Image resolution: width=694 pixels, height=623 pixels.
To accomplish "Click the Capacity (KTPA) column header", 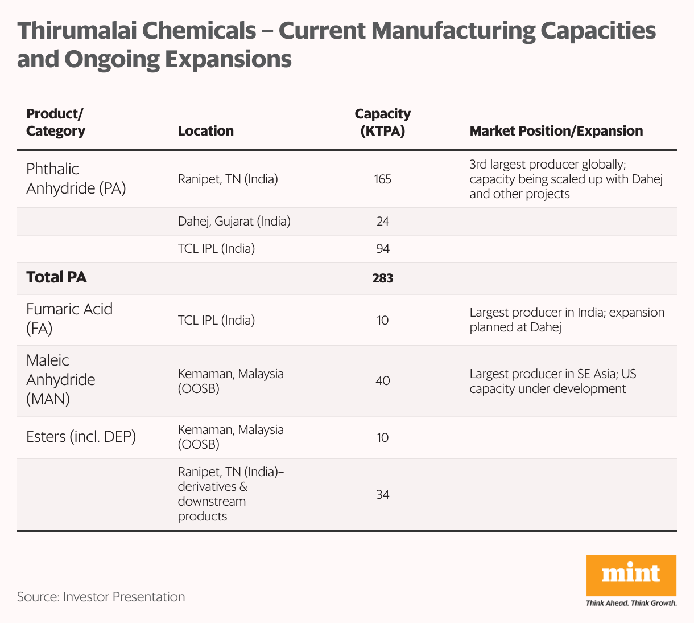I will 382,122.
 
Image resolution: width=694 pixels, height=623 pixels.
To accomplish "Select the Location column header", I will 205,131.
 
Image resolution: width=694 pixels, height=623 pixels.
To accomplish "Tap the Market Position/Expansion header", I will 556,131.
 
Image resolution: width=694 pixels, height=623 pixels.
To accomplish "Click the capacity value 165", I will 382,179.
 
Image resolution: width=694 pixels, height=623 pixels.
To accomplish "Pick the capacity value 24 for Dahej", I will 382,222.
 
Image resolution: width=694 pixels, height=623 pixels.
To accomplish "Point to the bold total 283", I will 382,278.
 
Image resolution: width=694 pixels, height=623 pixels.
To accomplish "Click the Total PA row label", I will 56,277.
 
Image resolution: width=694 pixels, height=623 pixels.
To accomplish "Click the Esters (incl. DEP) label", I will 81,437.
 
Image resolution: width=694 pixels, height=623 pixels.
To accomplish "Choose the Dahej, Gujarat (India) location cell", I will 234,222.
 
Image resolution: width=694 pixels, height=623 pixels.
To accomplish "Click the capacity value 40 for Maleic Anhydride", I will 382,380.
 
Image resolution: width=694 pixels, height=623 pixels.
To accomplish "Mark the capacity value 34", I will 382,494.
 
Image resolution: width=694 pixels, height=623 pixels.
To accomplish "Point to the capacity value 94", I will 382,249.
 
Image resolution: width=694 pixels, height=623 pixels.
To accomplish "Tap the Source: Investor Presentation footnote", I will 101,597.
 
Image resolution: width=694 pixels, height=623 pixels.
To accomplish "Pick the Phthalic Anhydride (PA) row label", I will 76,178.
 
